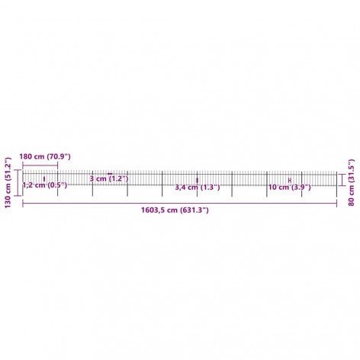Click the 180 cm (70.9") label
pyautogui.click(x=45, y=156)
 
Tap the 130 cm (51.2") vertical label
pyautogui.click(x=8, y=182)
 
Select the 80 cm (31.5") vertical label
pyautogui.click(x=351, y=182)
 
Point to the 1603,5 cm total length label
pyautogui.click(x=175, y=211)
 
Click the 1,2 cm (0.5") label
pyautogui.click(x=45, y=185)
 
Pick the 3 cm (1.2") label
pyautogui.click(x=109, y=178)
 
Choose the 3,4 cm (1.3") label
pyautogui.click(x=198, y=188)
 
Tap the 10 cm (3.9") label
pyautogui.click(x=290, y=188)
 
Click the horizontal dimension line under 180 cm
pyautogui.click(x=40, y=166)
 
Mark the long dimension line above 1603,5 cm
pyautogui.click(x=180, y=203)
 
